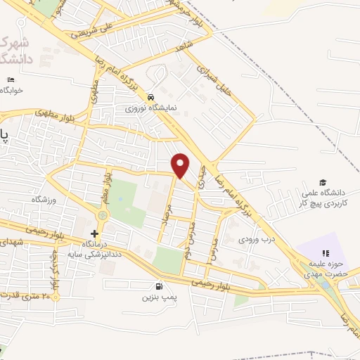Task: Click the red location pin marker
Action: pyautogui.click(x=181, y=165)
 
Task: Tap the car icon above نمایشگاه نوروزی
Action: pyautogui.click(x=151, y=97)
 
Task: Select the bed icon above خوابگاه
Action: pyautogui.click(x=10, y=79)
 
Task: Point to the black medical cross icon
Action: pyautogui.click(x=95, y=233)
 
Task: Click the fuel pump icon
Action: pyautogui.click(x=160, y=287)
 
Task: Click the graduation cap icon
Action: pyautogui.click(x=323, y=183)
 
